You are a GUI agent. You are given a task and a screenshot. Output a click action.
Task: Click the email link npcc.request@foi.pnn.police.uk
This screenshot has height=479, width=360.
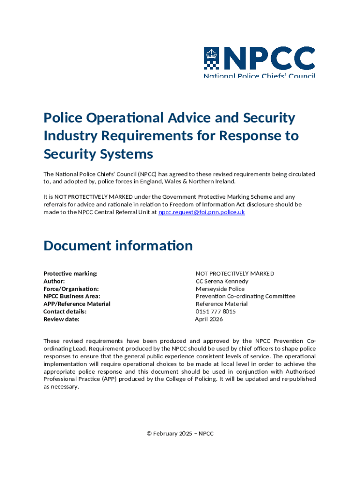click(202, 212)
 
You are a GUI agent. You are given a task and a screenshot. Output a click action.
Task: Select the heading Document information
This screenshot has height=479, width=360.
click(118, 246)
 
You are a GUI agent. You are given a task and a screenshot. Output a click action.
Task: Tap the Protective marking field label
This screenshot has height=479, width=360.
click(70, 274)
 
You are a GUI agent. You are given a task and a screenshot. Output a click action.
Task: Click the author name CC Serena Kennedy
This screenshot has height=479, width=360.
click(222, 281)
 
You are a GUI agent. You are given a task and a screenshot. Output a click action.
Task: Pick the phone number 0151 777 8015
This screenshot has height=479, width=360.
click(216, 312)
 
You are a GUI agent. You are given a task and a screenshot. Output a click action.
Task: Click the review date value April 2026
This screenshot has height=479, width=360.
click(209, 319)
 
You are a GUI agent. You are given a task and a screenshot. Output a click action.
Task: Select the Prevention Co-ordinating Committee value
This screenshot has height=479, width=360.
click(245, 297)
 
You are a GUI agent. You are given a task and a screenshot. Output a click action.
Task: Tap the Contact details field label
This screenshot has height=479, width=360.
click(65, 312)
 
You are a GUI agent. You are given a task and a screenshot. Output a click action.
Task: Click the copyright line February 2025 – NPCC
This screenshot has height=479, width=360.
click(180, 434)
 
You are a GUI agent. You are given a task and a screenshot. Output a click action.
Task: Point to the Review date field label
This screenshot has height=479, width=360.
click(61, 319)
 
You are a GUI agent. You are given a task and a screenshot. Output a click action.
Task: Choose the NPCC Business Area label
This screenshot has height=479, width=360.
click(72, 297)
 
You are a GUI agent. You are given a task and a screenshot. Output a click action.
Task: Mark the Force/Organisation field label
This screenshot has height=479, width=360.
click(71, 289)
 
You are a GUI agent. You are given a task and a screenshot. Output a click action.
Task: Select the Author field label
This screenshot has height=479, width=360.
click(54, 281)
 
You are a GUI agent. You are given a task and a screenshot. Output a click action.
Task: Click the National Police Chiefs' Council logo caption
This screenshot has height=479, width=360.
click(259, 75)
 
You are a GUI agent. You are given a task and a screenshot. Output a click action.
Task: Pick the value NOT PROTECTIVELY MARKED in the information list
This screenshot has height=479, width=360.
click(235, 274)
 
